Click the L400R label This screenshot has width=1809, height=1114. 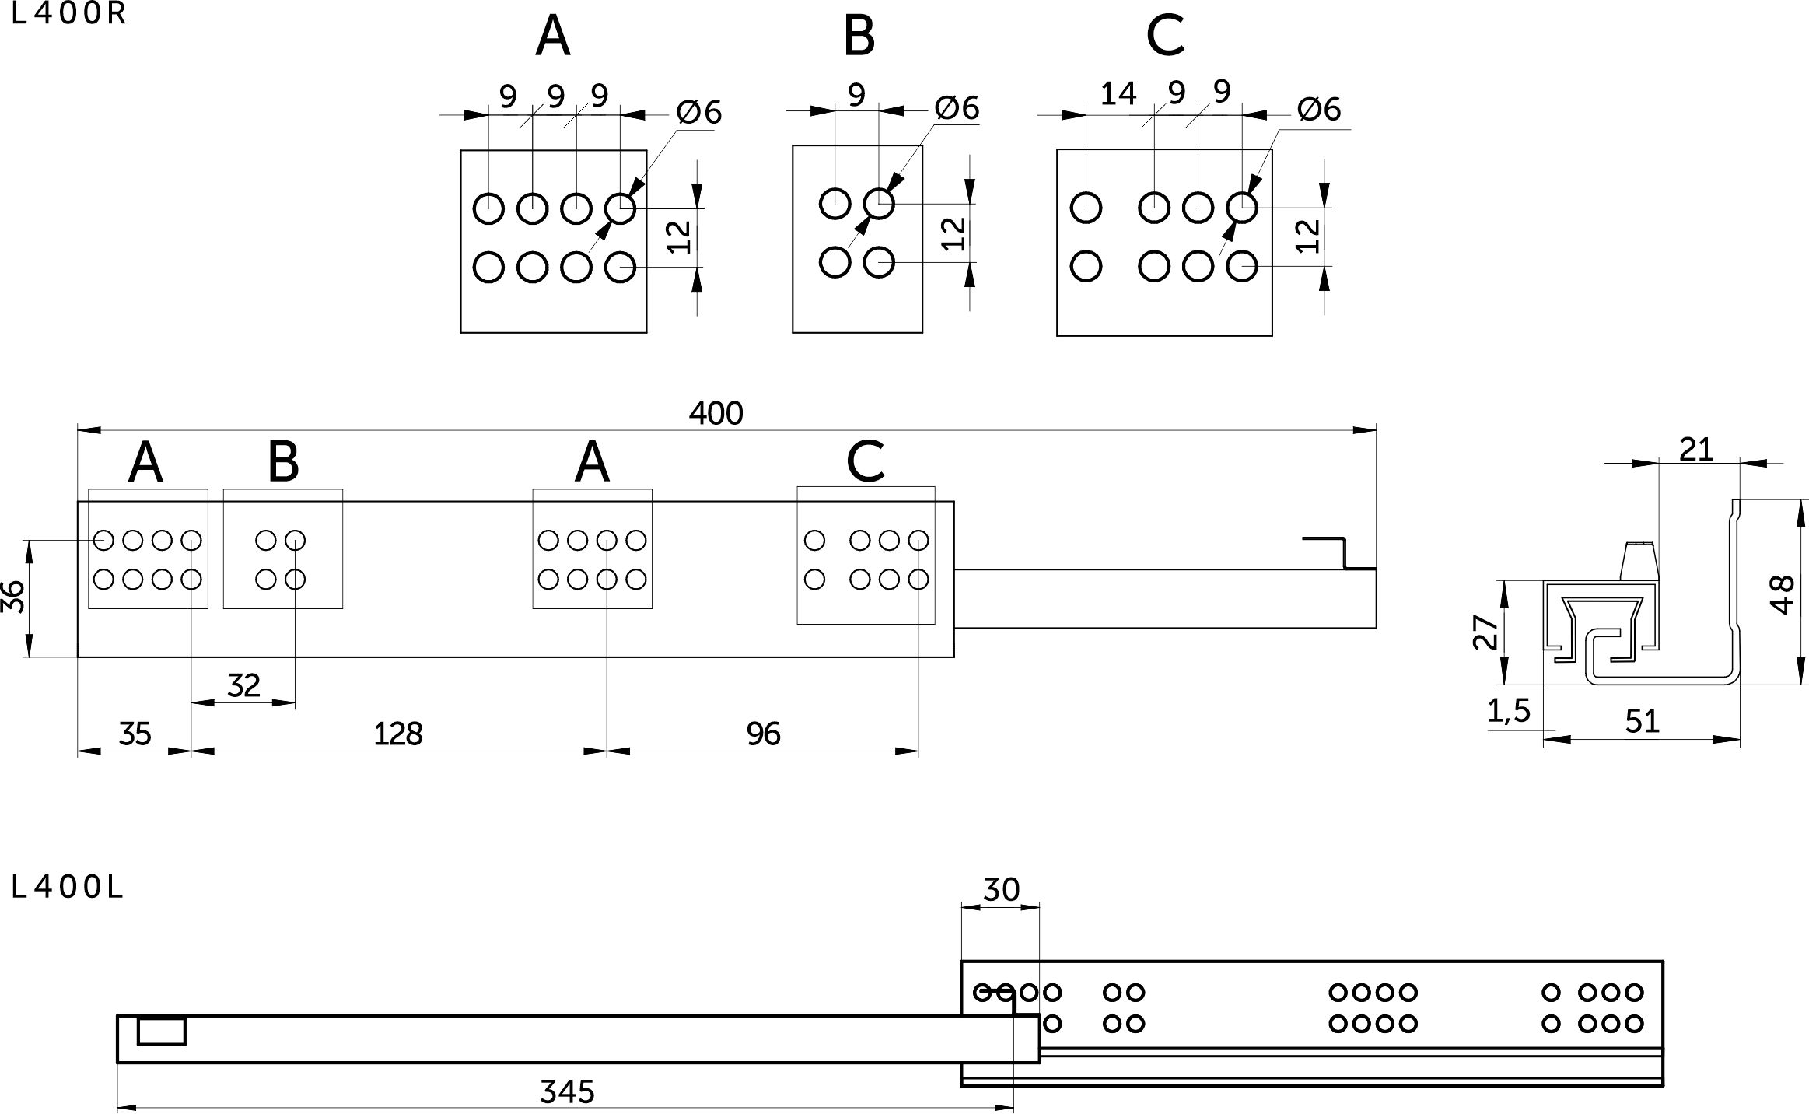[68, 15]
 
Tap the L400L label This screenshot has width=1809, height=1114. [68, 888]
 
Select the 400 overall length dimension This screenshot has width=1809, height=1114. [716, 413]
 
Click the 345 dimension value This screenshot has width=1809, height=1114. [567, 1092]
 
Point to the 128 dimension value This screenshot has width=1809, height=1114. [398, 734]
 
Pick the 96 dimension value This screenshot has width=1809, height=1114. [763, 734]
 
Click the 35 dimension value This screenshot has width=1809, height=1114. [135, 734]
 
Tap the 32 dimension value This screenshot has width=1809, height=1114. [243, 685]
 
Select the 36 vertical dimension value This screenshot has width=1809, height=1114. [14, 597]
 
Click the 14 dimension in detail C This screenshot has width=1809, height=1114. [1118, 94]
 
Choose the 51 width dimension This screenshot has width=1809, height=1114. [1643, 722]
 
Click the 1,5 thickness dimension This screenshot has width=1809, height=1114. [1509, 711]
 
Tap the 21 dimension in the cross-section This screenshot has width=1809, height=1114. [1696, 450]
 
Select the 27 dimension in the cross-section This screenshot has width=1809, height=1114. [1485, 632]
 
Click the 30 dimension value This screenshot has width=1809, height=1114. [1001, 889]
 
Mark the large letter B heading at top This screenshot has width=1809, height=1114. [859, 36]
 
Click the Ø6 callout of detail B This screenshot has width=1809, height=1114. [957, 108]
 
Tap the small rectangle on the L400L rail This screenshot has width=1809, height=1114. [162, 1032]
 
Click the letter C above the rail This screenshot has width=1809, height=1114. [865, 462]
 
